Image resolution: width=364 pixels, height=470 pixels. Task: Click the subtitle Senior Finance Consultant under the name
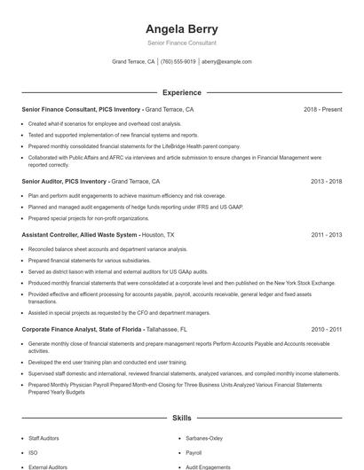[181, 43]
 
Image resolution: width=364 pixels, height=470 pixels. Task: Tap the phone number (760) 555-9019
[178, 62]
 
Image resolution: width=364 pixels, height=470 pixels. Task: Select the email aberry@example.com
[226, 62]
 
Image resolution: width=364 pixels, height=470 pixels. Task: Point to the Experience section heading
[181, 92]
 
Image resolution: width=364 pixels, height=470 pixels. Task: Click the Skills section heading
[181, 417]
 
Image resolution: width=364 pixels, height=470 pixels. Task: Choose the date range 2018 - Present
[322, 110]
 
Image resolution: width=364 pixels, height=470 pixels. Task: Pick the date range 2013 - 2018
[326, 181]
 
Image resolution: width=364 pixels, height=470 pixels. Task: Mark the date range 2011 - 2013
[326, 235]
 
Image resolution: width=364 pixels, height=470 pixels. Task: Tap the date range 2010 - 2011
[326, 329]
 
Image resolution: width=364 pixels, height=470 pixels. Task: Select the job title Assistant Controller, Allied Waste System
[79, 235]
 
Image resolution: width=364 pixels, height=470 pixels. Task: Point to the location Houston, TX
[159, 235]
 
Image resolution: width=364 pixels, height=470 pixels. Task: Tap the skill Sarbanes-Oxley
[203, 438]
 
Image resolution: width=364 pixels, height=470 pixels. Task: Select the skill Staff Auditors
[44, 438]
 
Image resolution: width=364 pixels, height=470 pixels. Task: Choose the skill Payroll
[194, 452]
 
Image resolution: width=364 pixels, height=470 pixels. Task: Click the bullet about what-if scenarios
[104, 124]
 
